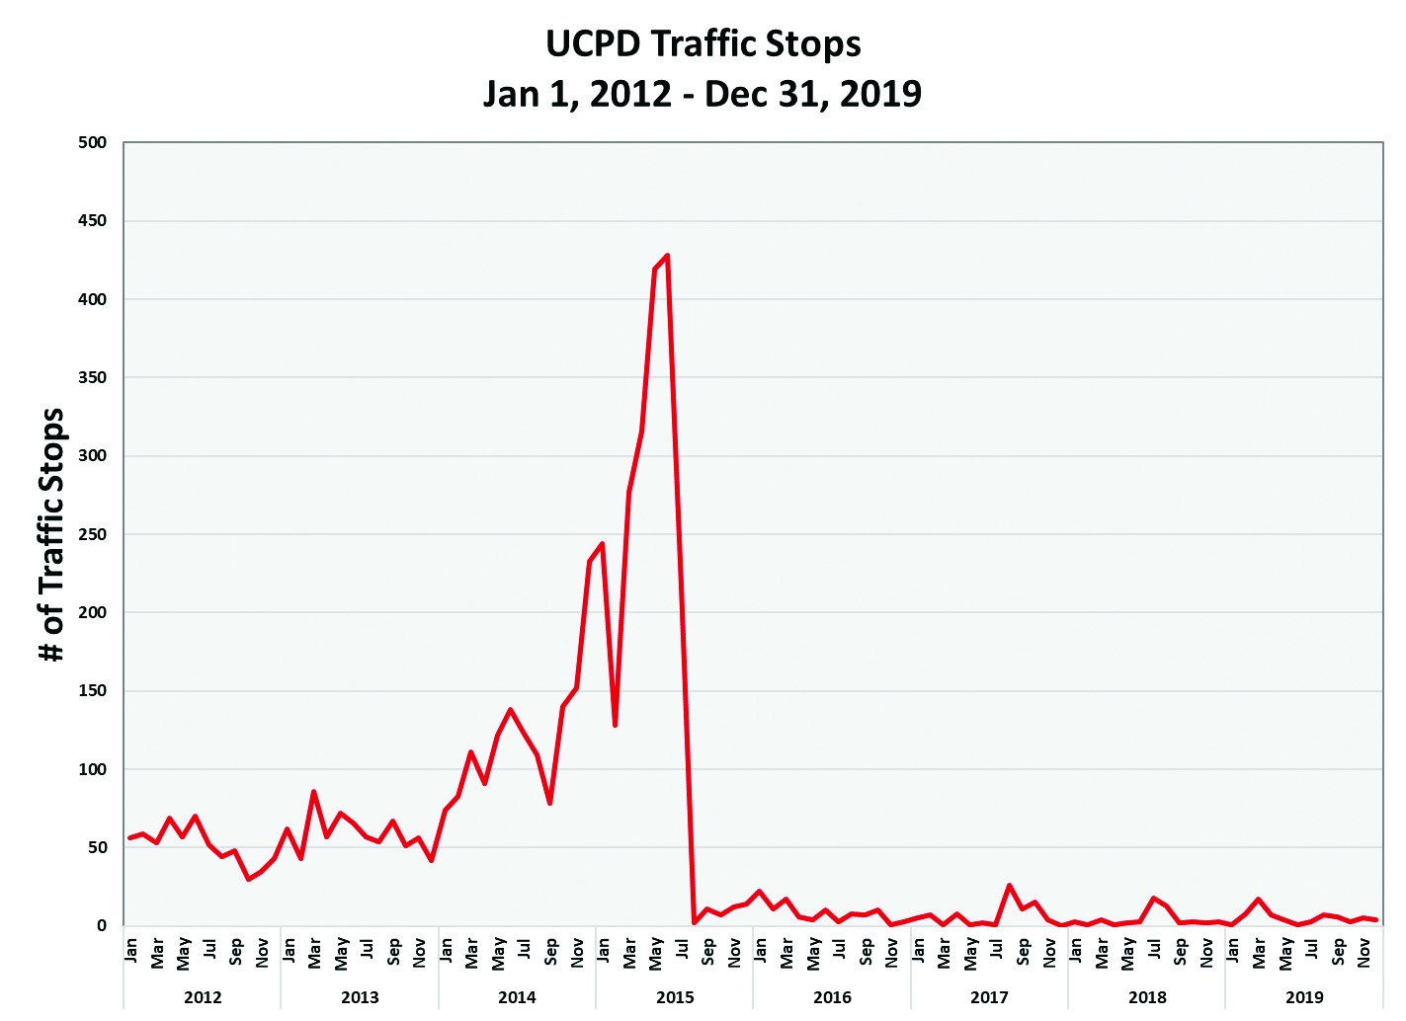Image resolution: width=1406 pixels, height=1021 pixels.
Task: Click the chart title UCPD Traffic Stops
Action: pyautogui.click(x=703, y=44)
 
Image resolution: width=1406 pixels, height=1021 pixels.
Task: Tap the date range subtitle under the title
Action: pyautogui.click(x=703, y=94)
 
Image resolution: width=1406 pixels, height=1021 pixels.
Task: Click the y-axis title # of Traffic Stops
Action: pyautogui.click(x=51, y=534)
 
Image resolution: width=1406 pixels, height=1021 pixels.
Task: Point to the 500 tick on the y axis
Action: pyautogui.click(x=92, y=142)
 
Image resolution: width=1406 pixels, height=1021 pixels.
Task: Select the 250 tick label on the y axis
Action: pyautogui.click(x=92, y=534)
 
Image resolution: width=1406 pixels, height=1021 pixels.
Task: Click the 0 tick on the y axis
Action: pyautogui.click(x=101, y=926)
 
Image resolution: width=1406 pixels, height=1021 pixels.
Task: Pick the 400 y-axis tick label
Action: pyautogui.click(x=92, y=299)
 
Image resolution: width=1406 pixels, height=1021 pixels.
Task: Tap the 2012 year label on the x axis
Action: pyautogui.click(x=203, y=997)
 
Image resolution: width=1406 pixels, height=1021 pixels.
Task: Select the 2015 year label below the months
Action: pyautogui.click(x=675, y=997)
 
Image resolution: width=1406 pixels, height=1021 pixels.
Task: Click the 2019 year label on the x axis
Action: pyautogui.click(x=1304, y=997)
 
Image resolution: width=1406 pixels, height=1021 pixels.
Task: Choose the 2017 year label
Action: pyautogui.click(x=989, y=997)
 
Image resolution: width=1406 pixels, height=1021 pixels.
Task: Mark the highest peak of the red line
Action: pyautogui.click(x=668, y=256)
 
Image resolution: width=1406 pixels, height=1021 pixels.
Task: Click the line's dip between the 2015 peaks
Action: pyautogui.click(x=616, y=725)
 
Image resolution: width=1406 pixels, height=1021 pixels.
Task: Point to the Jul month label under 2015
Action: pyautogui.click(x=683, y=950)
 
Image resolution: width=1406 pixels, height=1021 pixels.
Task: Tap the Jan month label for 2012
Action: pyautogui.click(x=131, y=950)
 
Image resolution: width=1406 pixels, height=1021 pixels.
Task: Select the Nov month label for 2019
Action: pyautogui.click(x=1365, y=952)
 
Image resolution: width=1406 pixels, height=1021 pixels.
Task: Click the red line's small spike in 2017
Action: pyautogui.click(x=1009, y=886)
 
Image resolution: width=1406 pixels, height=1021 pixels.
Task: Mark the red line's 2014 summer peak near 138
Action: pyautogui.click(x=510, y=709)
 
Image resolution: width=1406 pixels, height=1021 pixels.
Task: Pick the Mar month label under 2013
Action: pyautogui.click(x=314, y=952)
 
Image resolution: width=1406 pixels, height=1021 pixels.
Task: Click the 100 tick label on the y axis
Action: pyautogui.click(x=92, y=769)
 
